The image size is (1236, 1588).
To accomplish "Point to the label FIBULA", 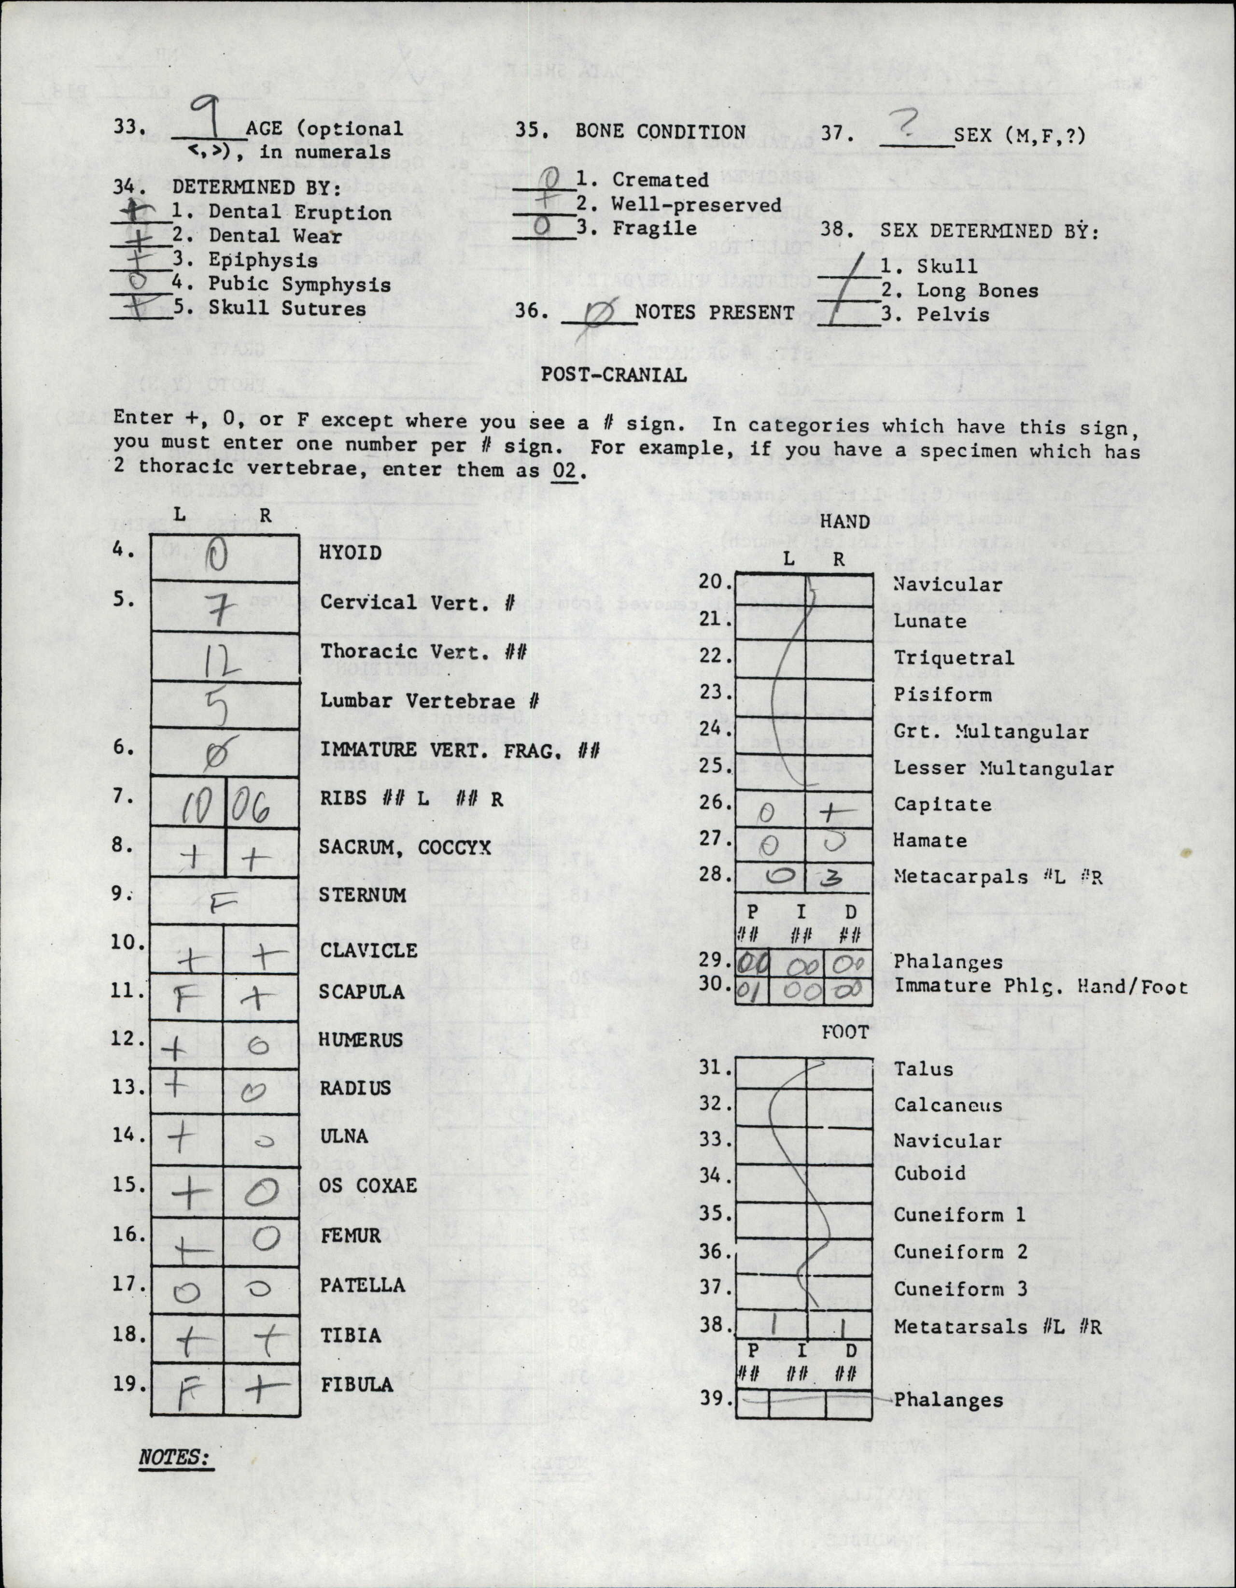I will [x=357, y=1384].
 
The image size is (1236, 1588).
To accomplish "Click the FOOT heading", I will [x=845, y=1033].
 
